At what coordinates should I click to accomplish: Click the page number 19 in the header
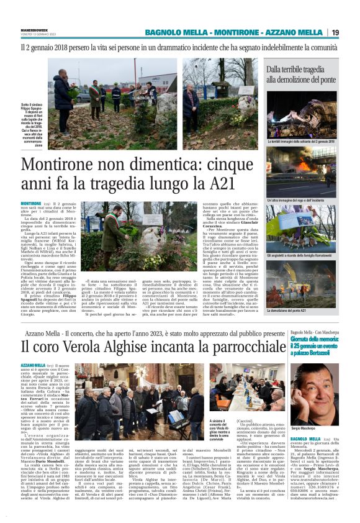click(x=352, y=32)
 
